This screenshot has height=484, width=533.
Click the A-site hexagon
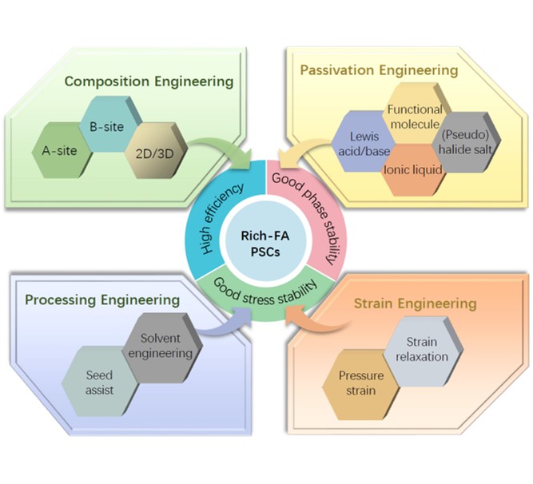click(x=61, y=149)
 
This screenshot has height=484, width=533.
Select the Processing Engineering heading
click(x=101, y=300)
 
